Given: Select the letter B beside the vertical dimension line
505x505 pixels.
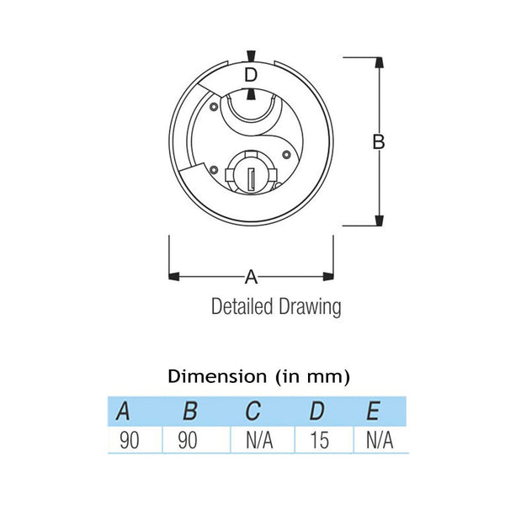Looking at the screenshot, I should [x=379, y=141].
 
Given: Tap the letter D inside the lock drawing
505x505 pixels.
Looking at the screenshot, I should [x=251, y=75].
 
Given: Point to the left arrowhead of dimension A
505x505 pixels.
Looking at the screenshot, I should [x=175, y=275].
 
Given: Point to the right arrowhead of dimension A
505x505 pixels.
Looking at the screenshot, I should [x=328, y=275].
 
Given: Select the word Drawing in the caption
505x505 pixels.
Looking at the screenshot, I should [x=311, y=307].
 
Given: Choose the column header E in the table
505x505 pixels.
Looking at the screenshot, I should [x=375, y=412].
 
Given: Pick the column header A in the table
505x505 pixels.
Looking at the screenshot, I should [x=123, y=412].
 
